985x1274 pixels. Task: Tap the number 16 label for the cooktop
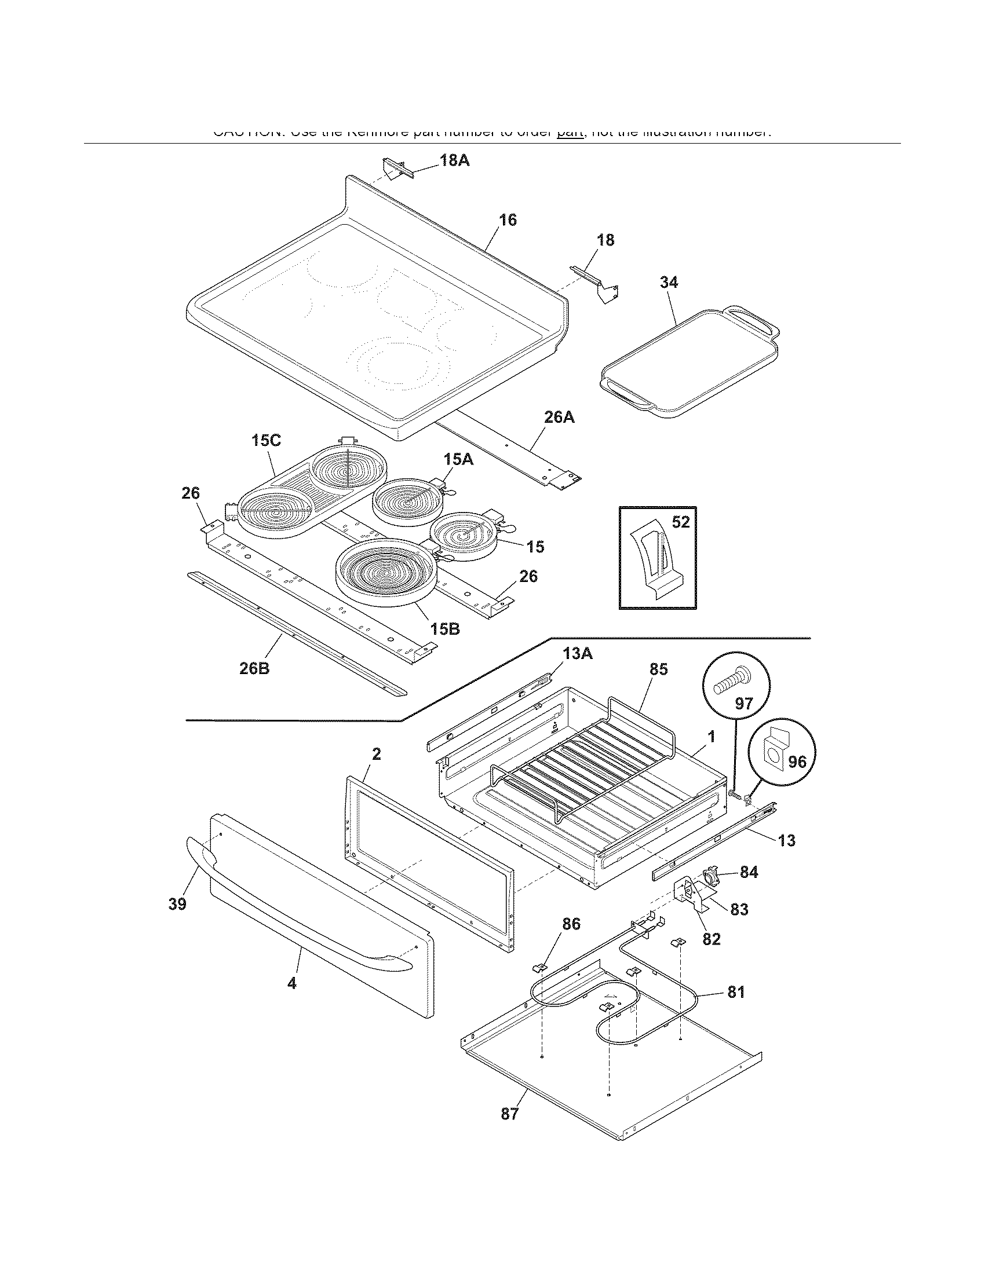[x=507, y=220]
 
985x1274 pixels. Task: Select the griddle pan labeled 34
[x=688, y=362]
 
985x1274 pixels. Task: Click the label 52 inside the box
[x=680, y=522]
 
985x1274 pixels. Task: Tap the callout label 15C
[x=266, y=441]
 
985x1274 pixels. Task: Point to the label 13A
[x=577, y=654]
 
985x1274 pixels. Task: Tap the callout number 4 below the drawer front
[x=292, y=983]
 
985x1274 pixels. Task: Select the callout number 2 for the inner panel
[x=377, y=754]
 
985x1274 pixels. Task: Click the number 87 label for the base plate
[x=509, y=1114]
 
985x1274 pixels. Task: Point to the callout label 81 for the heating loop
[x=736, y=992]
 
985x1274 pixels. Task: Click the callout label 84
[x=749, y=872]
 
